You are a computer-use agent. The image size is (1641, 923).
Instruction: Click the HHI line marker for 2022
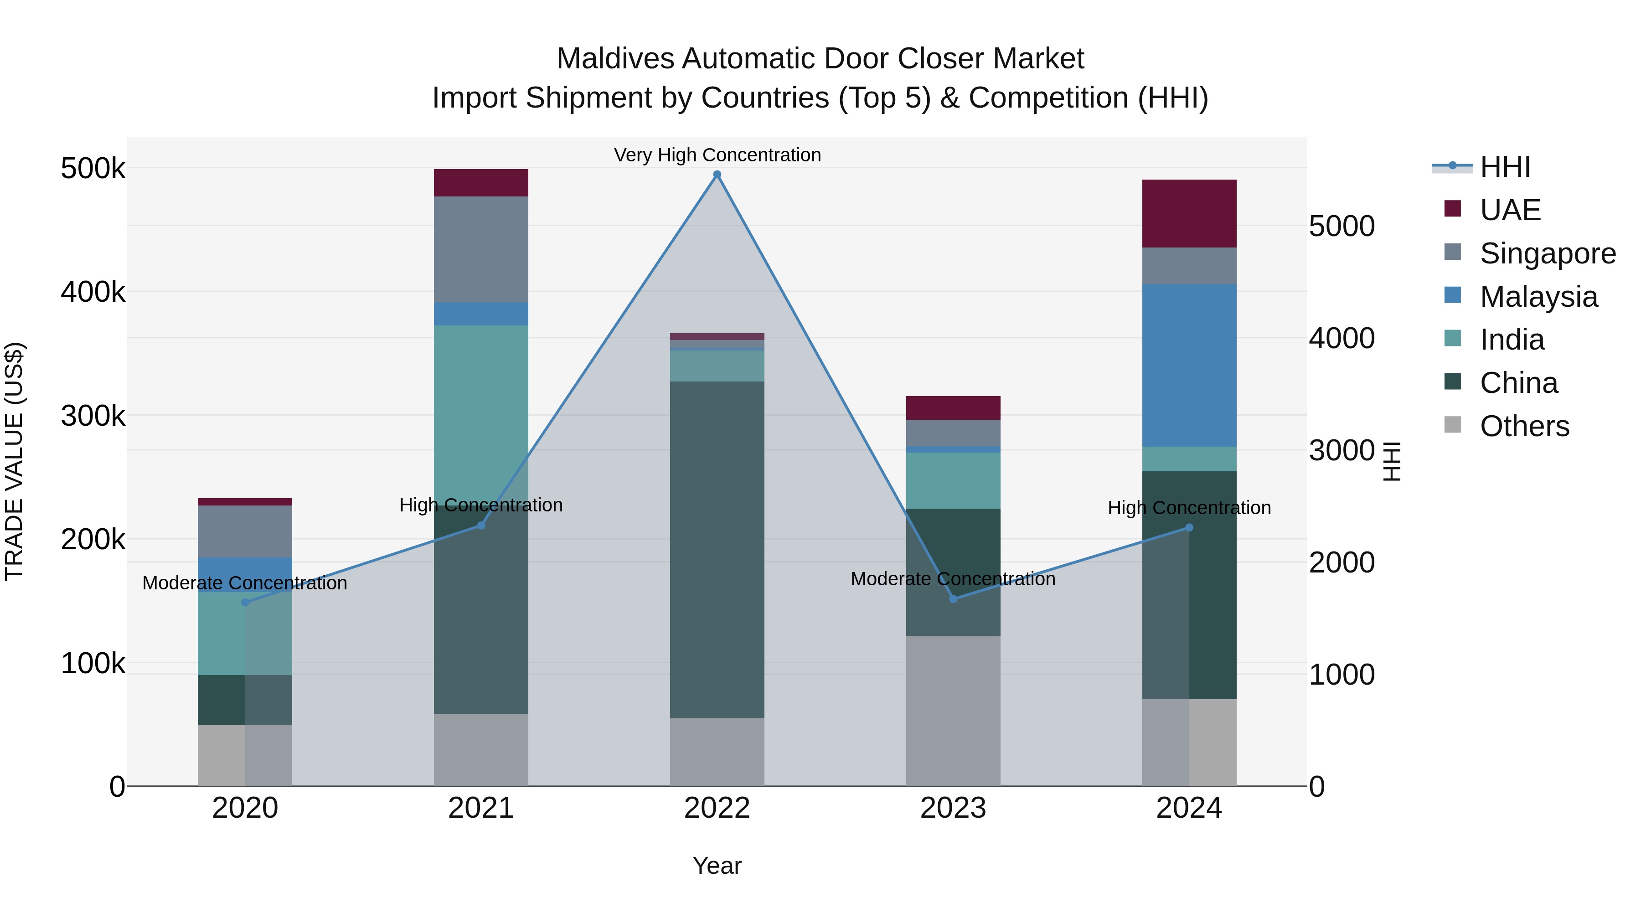click(x=717, y=175)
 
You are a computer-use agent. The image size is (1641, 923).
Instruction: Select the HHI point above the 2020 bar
click(x=245, y=602)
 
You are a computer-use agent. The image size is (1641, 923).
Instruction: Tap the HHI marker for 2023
click(x=953, y=599)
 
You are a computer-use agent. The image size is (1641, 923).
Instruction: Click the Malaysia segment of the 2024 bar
click(x=1189, y=365)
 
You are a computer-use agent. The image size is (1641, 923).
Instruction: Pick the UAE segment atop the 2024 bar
click(x=1189, y=213)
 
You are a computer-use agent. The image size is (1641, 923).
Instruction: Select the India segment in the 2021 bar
click(x=481, y=407)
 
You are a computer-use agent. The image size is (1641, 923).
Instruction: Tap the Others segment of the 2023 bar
click(x=953, y=710)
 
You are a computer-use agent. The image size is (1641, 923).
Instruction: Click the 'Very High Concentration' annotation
click(x=717, y=155)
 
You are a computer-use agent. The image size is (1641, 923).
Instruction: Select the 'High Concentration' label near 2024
click(x=1189, y=508)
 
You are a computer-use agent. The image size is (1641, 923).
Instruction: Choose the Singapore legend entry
click(x=1547, y=253)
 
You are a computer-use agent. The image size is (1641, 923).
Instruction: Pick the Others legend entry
click(x=1524, y=426)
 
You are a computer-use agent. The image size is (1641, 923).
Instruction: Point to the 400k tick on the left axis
click(x=93, y=292)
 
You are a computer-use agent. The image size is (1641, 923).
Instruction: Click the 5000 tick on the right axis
click(x=1342, y=226)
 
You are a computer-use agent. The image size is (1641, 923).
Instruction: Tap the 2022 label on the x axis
click(x=717, y=808)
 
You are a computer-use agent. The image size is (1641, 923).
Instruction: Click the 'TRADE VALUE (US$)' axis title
click(x=14, y=461)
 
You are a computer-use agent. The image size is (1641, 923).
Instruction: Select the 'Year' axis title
click(x=717, y=866)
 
